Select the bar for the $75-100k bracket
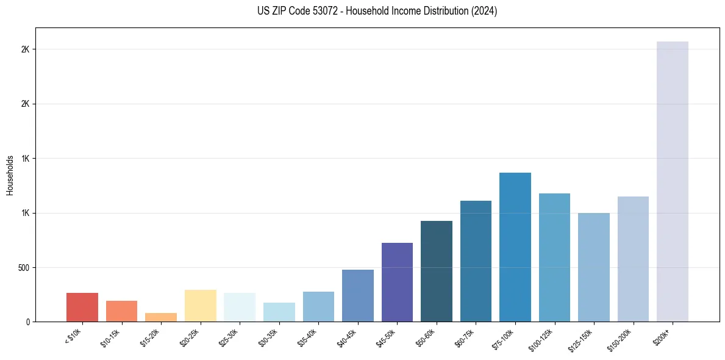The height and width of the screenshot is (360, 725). [515, 247]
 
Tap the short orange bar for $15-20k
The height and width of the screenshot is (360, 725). [161, 317]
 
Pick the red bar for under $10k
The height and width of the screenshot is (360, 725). [82, 307]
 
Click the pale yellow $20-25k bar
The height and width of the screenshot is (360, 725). [200, 306]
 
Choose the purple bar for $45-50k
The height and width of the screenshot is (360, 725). [397, 282]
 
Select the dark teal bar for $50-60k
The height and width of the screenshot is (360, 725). [436, 271]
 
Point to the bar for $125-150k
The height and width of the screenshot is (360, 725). [593, 267]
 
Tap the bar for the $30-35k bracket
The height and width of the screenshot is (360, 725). [279, 312]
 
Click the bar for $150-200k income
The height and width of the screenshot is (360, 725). [633, 259]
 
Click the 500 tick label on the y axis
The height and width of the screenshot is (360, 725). [24, 267]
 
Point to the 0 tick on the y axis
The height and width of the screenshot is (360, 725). [28, 322]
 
